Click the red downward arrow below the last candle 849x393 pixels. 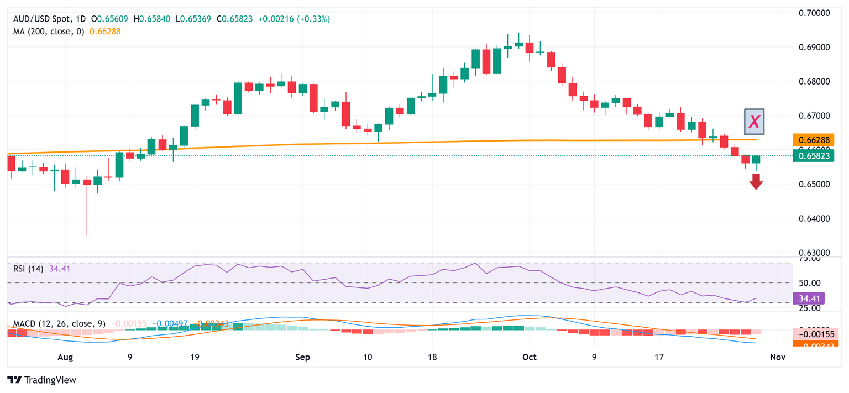756,181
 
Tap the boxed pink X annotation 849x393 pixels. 754,122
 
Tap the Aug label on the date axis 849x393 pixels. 65,357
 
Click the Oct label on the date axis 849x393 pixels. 529,357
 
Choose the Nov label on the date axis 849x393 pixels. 778,357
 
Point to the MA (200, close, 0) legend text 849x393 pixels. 49,32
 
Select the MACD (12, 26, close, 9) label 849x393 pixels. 60,323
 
